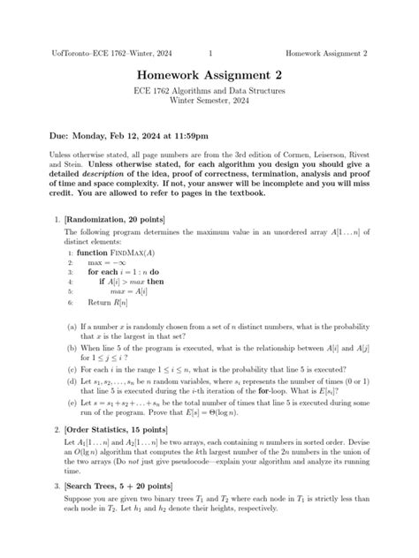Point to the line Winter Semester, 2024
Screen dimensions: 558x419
[x=209, y=110]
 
